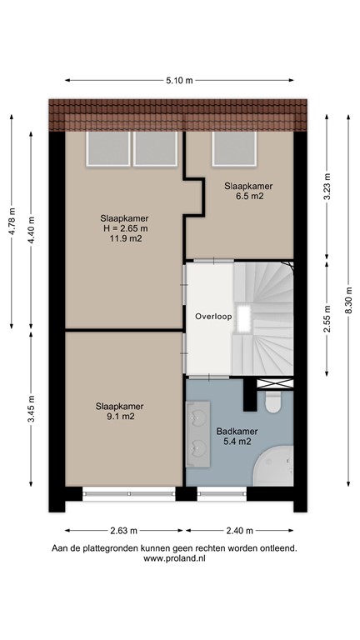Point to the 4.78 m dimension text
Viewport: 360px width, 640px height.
12,220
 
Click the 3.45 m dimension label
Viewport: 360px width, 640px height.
32,408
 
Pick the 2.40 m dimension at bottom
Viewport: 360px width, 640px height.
241,529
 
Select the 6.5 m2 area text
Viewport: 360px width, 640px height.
248,197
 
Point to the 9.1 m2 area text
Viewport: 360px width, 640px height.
116,416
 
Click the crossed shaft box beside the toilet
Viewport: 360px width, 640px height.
275,383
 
